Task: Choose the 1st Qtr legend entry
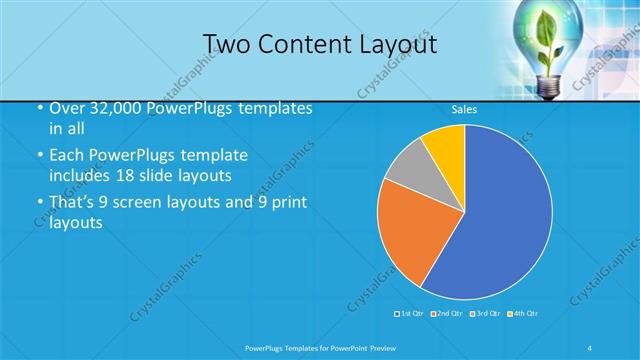pyautogui.click(x=411, y=314)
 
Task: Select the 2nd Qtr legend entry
pyautogui.click(x=447, y=314)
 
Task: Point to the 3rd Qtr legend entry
pyautogui.click(x=484, y=314)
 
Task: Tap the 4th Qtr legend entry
pyautogui.click(x=523, y=314)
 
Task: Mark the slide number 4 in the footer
pyautogui.click(x=590, y=347)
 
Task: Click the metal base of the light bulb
pyautogui.click(x=549, y=88)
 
